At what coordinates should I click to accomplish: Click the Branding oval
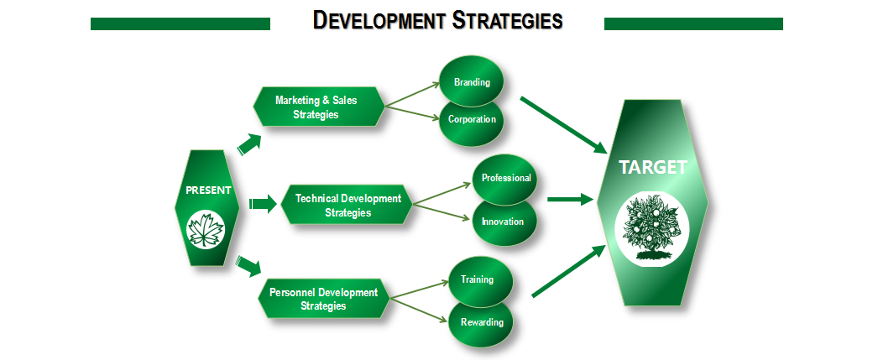(x=472, y=81)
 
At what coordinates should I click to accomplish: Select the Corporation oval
(x=472, y=120)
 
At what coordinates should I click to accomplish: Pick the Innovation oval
(x=505, y=222)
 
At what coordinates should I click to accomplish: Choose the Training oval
(x=481, y=279)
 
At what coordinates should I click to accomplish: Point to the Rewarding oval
(x=481, y=322)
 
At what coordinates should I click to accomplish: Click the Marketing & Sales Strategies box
(x=319, y=107)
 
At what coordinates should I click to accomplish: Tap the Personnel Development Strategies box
(x=324, y=299)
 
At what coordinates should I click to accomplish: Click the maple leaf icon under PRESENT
(x=206, y=230)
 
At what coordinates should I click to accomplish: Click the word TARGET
(x=652, y=167)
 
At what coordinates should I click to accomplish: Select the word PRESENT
(x=208, y=190)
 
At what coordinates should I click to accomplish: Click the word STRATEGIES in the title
(x=507, y=21)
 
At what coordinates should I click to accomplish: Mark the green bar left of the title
(x=180, y=23)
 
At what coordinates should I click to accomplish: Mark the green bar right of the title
(x=693, y=23)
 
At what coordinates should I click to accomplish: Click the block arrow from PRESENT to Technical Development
(x=263, y=204)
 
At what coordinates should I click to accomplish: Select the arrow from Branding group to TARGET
(x=564, y=125)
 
